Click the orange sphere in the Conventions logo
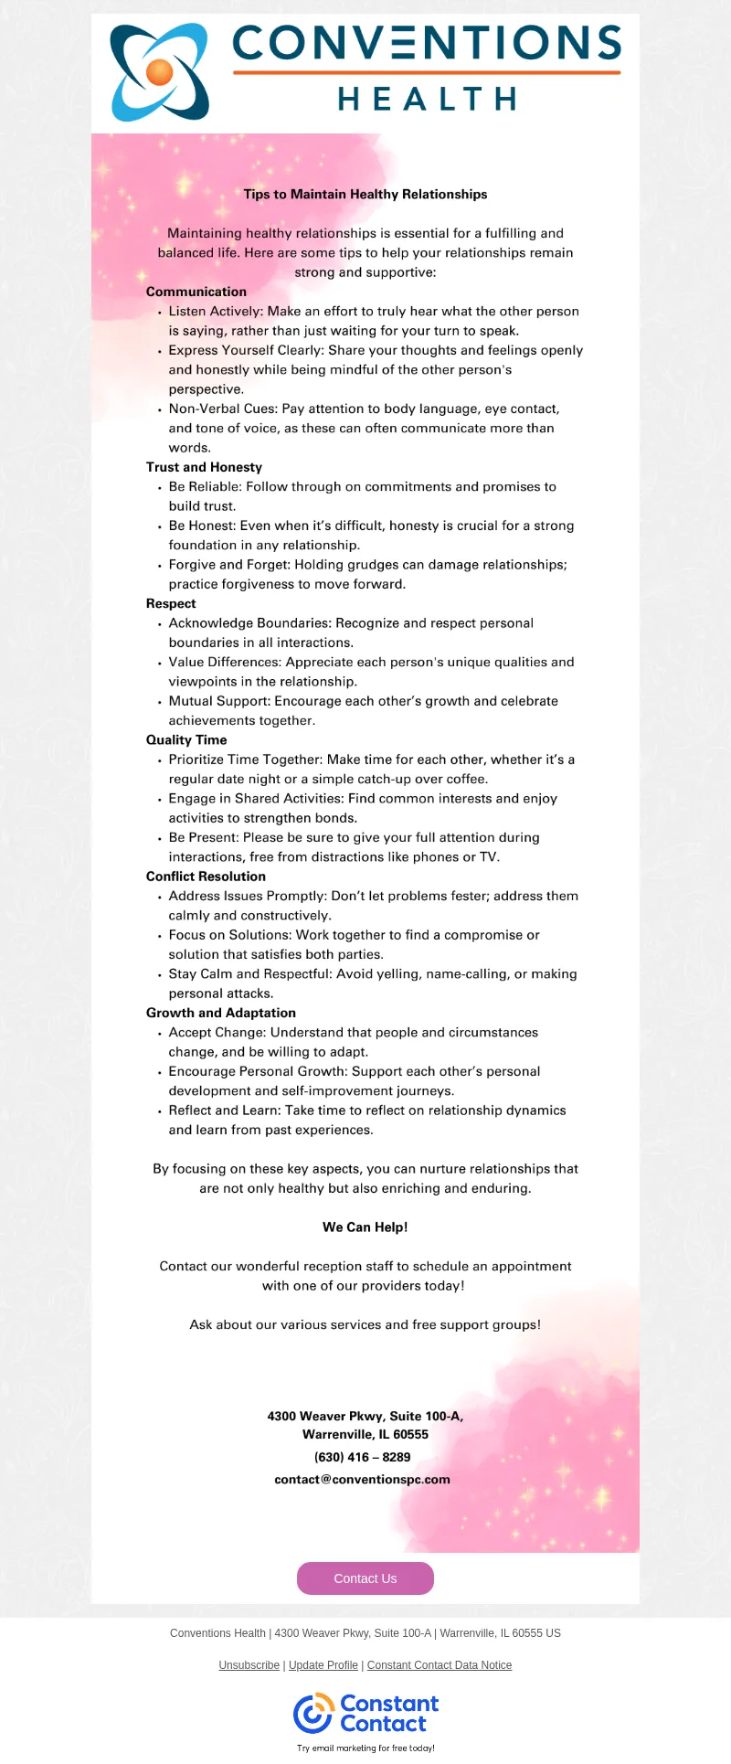pos(159,72)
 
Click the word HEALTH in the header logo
pos(428,99)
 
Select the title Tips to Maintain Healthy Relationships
pos(365,194)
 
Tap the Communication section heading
pos(196,292)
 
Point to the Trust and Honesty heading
pos(204,467)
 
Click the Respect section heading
pos(171,603)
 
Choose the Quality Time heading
pos(186,739)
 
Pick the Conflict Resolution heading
pos(207,877)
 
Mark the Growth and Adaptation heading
pos(221,1013)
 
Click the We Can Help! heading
pos(365,1227)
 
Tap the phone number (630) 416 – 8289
pos(363,1457)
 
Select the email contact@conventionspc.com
pos(363,1479)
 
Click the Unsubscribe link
pos(249,1665)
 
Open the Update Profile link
pos(323,1665)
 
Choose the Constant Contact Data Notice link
pos(440,1665)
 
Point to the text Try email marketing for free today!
pos(365,1748)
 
